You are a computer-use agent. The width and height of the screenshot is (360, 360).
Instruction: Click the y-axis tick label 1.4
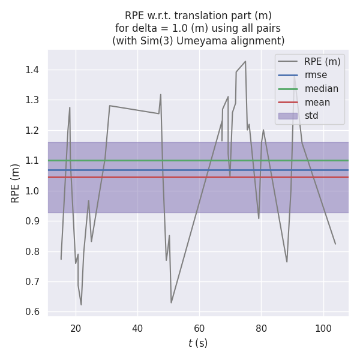click(32, 70)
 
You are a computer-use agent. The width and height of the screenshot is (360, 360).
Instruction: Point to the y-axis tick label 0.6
click(32, 312)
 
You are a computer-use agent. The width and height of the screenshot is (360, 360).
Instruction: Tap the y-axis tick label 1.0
click(32, 191)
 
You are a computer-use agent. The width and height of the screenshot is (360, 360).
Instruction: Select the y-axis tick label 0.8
click(32, 251)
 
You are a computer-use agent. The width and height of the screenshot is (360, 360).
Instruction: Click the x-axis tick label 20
click(76, 328)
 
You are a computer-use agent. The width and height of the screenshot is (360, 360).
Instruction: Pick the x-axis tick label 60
click(199, 328)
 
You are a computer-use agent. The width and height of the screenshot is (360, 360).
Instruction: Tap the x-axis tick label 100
click(323, 328)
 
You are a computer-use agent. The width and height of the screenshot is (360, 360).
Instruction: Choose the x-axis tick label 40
click(137, 328)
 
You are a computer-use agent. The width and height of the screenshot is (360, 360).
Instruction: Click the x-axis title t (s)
click(198, 343)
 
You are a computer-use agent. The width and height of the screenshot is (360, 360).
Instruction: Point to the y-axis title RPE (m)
click(16, 183)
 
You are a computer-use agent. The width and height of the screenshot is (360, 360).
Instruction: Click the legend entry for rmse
click(316, 75)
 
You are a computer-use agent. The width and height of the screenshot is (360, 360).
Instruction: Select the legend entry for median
click(321, 89)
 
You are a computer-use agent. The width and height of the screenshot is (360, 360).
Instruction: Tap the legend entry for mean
click(317, 102)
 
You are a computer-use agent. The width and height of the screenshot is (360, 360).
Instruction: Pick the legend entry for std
click(311, 116)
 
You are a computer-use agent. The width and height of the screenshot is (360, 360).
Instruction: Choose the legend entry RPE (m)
click(322, 61)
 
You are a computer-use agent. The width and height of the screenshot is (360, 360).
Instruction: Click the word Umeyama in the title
click(217, 41)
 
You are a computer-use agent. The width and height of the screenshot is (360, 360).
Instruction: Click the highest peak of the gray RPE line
click(245, 61)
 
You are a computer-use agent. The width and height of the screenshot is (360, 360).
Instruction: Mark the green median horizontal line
click(180, 160)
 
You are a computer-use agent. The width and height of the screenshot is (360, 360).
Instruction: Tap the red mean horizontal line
click(180, 177)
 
